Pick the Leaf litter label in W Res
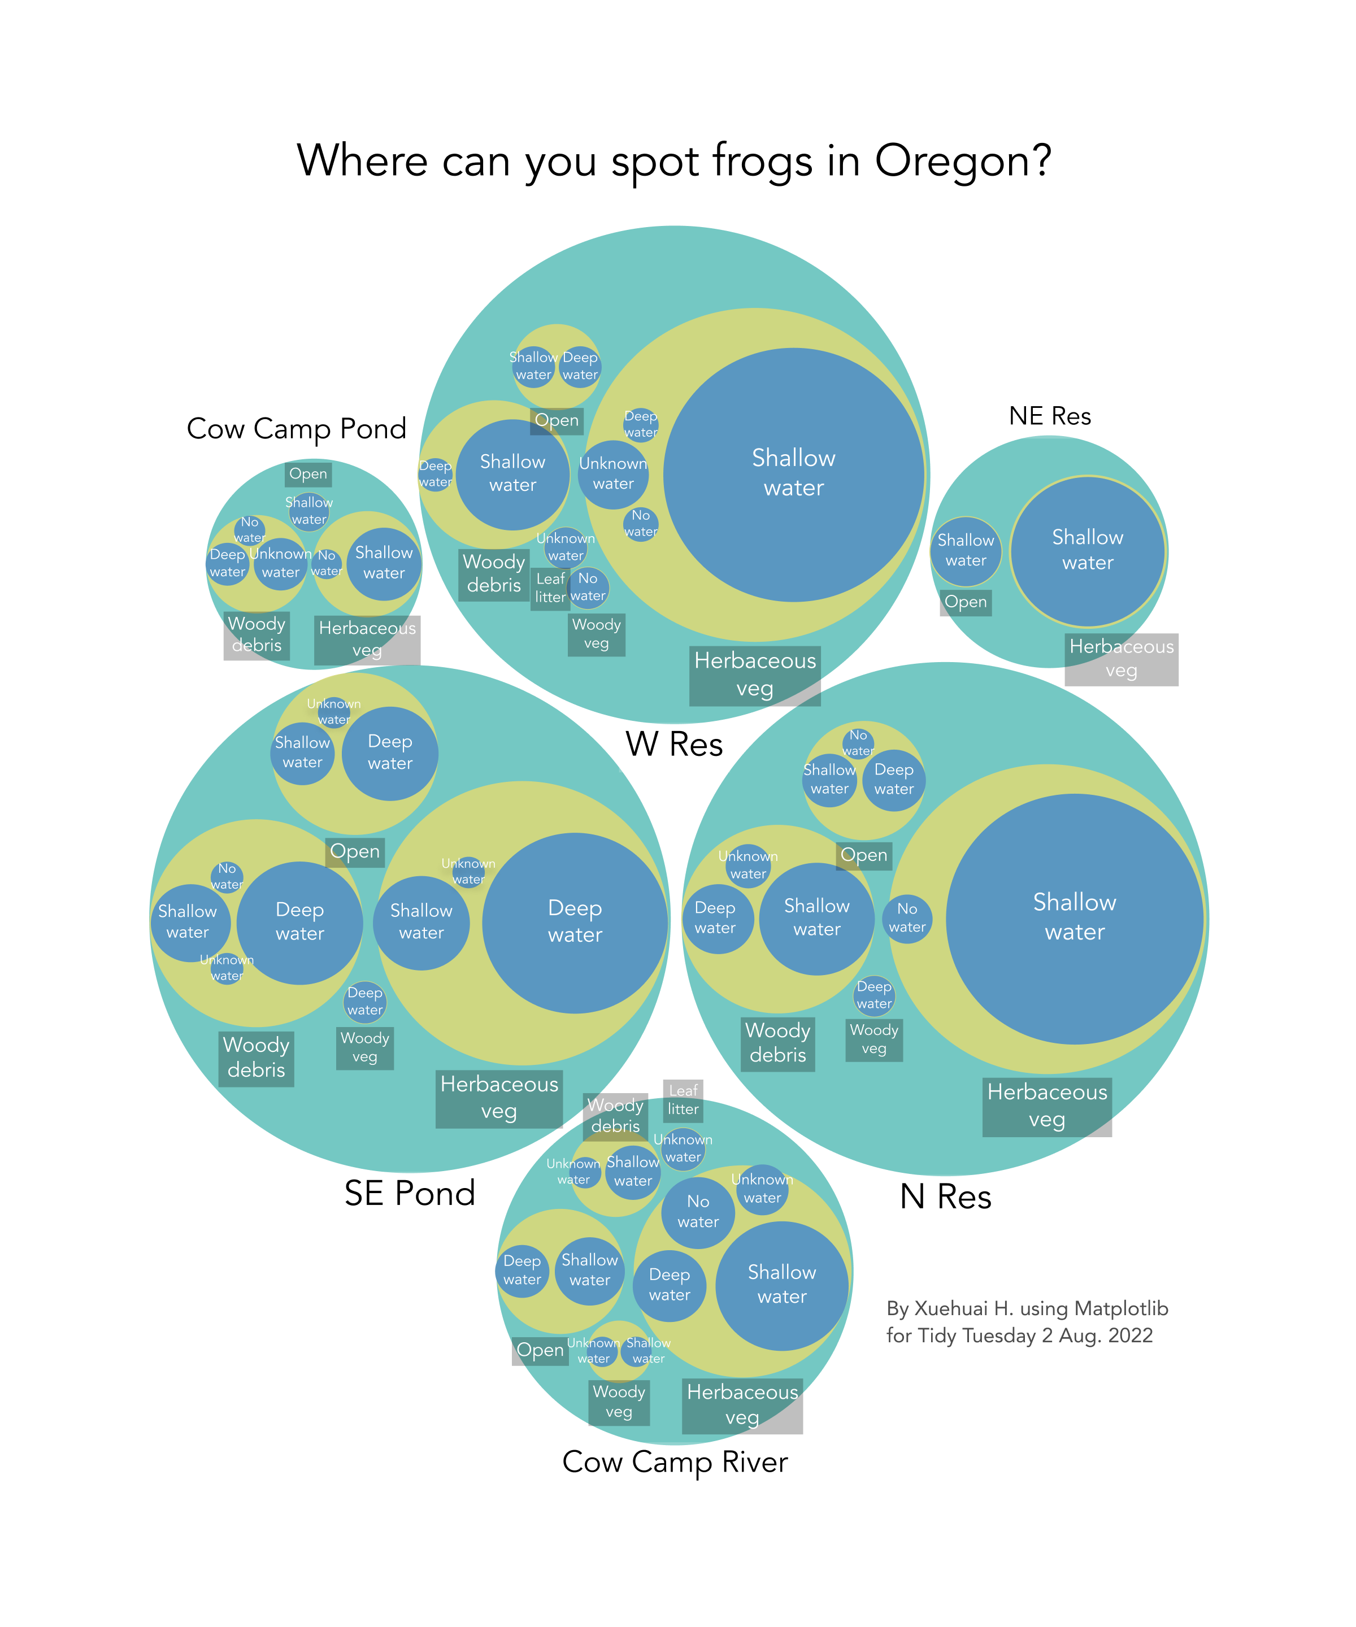(x=550, y=588)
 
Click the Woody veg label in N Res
(x=874, y=1039)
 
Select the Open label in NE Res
(x=966, y=602)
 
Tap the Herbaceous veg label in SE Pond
(x=499, y=1098)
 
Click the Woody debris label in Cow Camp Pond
(x=257, y=634)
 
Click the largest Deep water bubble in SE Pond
(x=575, y=922)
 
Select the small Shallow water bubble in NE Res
(x=966, y=550)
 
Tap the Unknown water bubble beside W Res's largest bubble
(x=613, y=473)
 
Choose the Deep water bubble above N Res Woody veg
(x=874, y=995)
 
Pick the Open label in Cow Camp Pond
(x=308, y=474)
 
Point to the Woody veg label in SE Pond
(x=365, y=1047)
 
